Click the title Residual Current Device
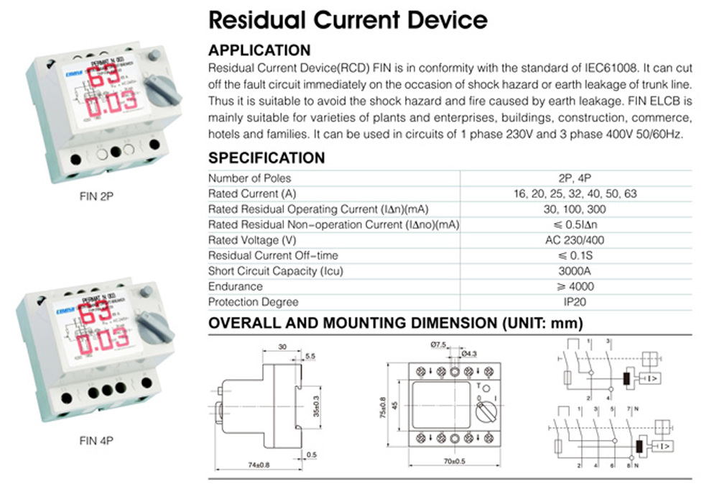348,19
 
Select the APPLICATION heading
259,50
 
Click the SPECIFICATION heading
267,158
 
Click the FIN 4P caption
95,440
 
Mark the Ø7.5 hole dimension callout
439,345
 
